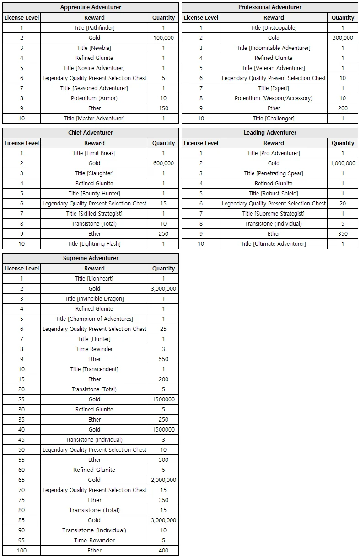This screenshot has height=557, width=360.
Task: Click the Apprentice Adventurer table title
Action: coord(91,7)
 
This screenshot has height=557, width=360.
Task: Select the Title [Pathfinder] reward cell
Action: coord(94,28)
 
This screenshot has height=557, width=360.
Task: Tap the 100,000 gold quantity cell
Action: coord(163,38)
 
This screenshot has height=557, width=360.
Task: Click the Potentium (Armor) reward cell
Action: coord(94,98)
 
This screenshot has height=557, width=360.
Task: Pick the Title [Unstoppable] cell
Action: coord(274,28)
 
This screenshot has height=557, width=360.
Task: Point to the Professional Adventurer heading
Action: coord(270,7)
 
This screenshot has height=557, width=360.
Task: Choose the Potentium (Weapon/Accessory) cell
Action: coord(274,98)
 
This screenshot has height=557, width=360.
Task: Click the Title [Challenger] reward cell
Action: coord(274,119)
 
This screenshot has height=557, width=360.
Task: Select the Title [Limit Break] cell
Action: coord(94,153)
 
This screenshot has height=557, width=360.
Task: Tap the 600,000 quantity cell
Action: coord(163,163)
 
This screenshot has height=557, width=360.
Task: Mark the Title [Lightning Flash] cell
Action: coord(94,244)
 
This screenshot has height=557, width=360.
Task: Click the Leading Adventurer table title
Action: coord(270,133)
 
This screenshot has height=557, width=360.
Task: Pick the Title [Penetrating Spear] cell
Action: coord(274,173)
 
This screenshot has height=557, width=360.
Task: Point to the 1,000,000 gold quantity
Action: coord(343,163)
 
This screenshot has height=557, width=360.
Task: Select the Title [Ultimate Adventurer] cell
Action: coord(274,244)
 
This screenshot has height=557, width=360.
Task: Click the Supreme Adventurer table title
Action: coord(91,258)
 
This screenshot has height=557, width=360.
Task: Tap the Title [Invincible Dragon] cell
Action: coord(94,299)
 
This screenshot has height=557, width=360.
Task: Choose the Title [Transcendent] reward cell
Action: coord(94,369)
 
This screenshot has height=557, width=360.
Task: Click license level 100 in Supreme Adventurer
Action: coord(21,551)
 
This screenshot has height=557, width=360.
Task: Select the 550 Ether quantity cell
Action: coord(163,359)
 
